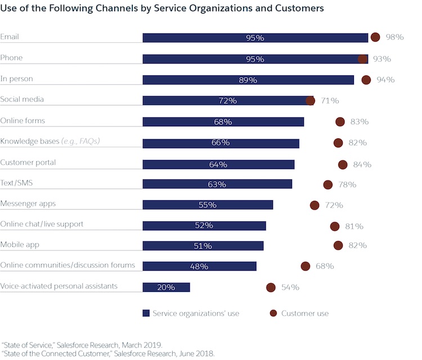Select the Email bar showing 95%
click(x=255, y=38)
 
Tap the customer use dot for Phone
click(x=362, y=58)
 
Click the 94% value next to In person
click(x=385, y=80)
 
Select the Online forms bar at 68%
click(x=223, y=121)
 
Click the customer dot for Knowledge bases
click(x=338, y=143)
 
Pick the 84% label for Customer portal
click(x=362, y=165)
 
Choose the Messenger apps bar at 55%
click(x=208, y=205)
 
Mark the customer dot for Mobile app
click(x=338, y=245)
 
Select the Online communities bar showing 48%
click(x=199, y=266)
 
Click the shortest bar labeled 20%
click(x=166, y=287)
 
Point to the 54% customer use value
click(x=290, y=287)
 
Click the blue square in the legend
click(x=146, y=313)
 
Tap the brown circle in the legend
click(x=273, y=313)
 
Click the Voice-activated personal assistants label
click(x=59, y=286)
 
